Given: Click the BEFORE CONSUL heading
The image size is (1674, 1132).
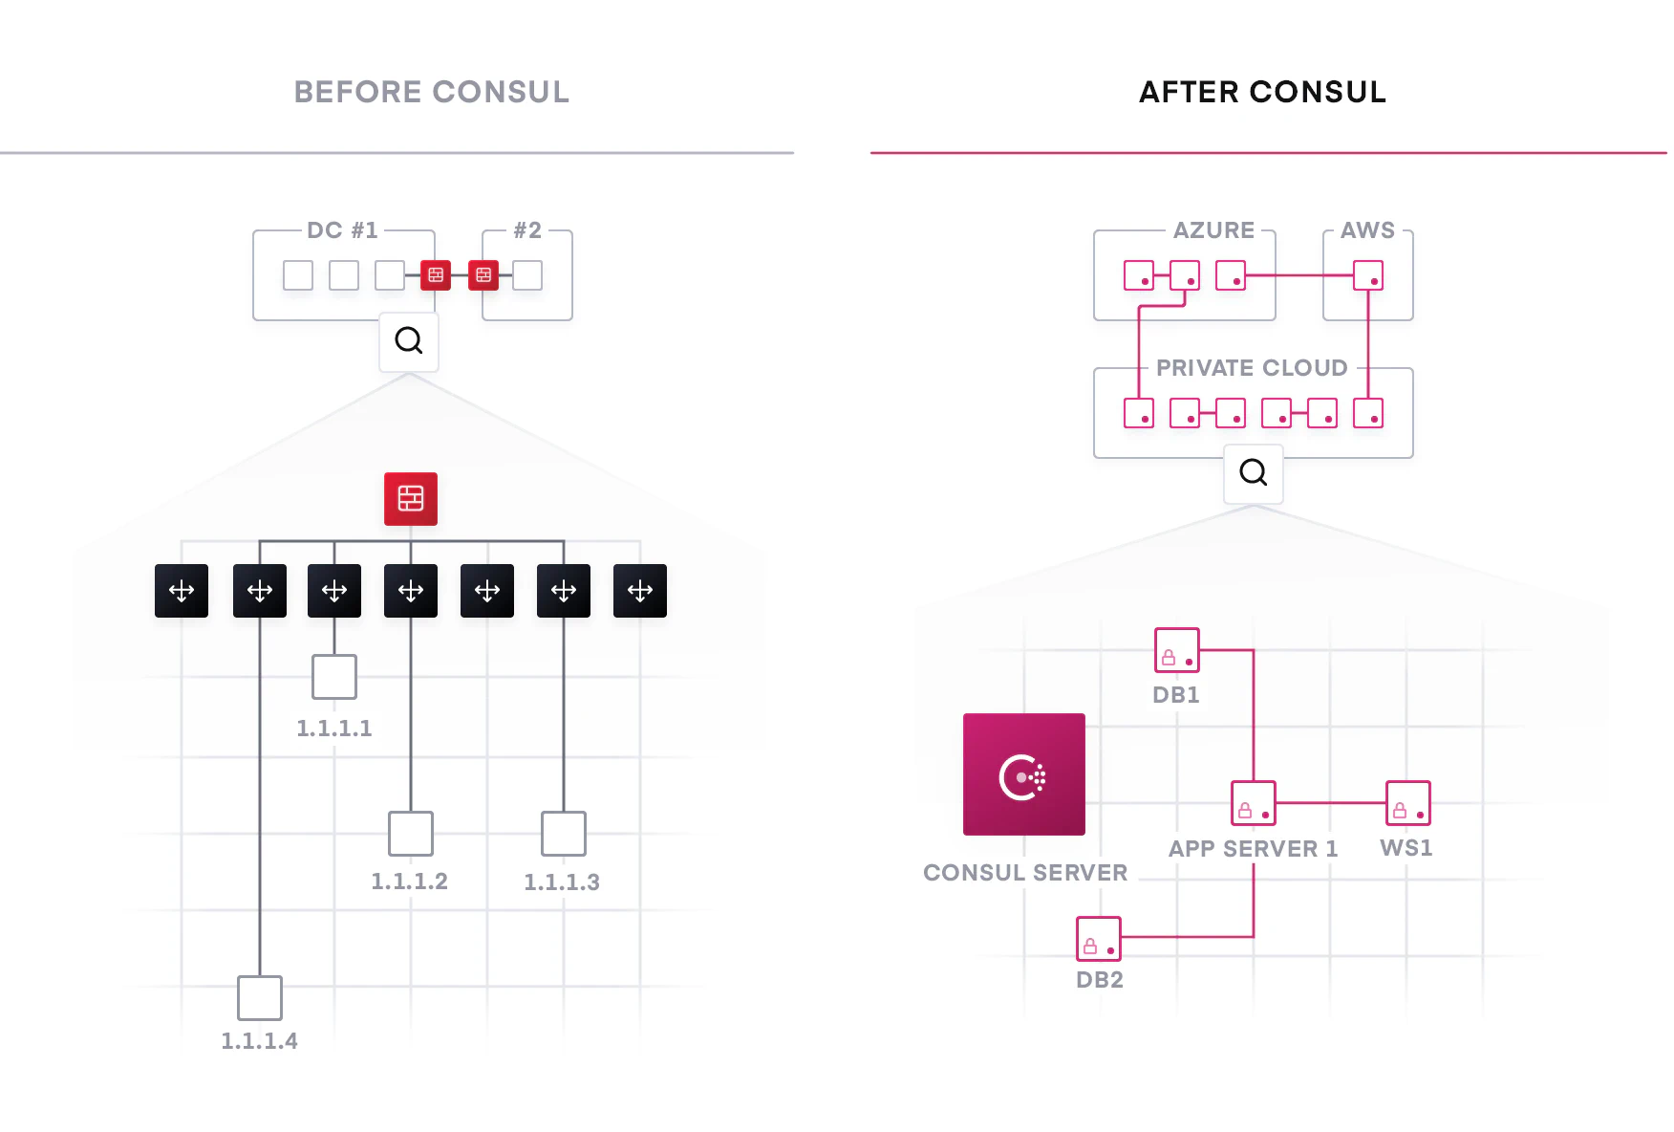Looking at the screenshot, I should pyautogui.click(x=431, y=92).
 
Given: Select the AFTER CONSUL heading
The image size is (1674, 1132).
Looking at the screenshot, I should pyautogui.click(x=1262, y=92).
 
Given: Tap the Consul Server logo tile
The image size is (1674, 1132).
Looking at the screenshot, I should pyautogui.click(x=1023, y=773).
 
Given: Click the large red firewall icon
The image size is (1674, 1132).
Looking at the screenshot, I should pyautogui.click(x=411, y=498).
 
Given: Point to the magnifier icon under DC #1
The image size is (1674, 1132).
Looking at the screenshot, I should pyautogui.click(x=409, y=340).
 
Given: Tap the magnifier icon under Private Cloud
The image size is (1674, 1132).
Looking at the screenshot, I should pyautogui.click(x=1253, y=472).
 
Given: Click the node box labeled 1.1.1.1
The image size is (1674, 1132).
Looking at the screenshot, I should pyautogui.click(x=334, y=677).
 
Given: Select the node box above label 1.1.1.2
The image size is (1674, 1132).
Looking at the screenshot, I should pyautogui.click(x=411, y=833).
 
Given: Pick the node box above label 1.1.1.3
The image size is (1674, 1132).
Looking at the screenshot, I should pyautogui.click(x=564, y=833).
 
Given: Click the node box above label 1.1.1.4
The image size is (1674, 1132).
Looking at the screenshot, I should pyautogui.click(x=260, y=997).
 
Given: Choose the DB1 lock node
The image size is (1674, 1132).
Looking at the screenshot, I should pyautogui.click(x=1176, y=650).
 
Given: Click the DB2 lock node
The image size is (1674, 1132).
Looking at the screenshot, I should pyautogui.click(x=1099, y=939).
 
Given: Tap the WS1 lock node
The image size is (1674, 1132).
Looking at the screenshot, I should pyautogui.click(x=1407, y=803).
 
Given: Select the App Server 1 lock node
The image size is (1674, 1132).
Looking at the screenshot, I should pyautogui.click(x=1253, y=803).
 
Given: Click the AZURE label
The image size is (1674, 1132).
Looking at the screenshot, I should pyautogui.click(x=1213, y=230).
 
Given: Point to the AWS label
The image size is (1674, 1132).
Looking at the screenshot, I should pyautogui.click(x=1367, y=230).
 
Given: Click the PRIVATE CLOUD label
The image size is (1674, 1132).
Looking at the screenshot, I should pyautogui.click(x=1252, y=368).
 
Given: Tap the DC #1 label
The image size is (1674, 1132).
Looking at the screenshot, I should pyautogui.click(x=342, y=230).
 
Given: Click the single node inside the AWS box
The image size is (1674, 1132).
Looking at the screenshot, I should pyautogui.click(x=1368, y=275).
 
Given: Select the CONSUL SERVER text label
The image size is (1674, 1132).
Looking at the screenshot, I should pyautogui.click(x=1025, y=873).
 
